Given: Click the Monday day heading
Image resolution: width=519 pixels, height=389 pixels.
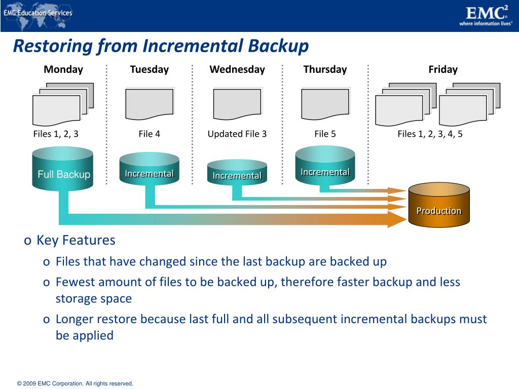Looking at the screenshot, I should click(x=63, y=69).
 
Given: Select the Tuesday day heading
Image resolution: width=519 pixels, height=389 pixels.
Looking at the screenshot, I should click(x=149, y=69).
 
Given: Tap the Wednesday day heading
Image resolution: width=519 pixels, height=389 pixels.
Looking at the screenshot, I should click(x=237, y=69).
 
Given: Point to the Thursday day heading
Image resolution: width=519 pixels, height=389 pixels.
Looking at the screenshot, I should click(x=325, y=69).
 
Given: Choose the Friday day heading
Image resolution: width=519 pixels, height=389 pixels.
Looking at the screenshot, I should click(x=442, y=69).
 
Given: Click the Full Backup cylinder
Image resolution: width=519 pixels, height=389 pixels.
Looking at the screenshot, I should click(x=62, y=170).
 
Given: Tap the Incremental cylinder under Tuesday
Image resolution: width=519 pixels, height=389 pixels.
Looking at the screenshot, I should click(x=149, y=170).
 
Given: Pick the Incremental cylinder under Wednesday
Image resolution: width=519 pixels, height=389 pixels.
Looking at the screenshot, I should click(x=237, y=173).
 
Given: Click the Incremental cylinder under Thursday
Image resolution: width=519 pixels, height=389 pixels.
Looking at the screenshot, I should click(x=325, y=167).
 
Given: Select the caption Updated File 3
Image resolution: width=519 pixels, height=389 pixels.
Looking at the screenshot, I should click(x=237, y=134).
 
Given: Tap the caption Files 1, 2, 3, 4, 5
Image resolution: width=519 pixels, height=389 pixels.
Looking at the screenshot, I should click(x=430, y=134).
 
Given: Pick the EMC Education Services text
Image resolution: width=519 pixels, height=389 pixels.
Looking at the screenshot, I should click(x=38, y=13).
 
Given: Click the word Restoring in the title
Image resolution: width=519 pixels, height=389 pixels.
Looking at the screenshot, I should click(x=46, y=46).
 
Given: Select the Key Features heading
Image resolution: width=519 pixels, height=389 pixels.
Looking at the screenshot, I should click(x=76, y=240).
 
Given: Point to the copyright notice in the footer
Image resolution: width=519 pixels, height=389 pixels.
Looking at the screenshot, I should click(x=75, y=384).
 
